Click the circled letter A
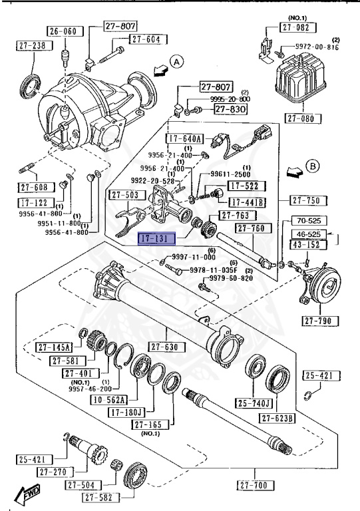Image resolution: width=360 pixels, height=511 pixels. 176,62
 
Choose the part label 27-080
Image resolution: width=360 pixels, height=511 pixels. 303,119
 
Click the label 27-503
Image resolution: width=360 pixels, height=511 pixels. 124,195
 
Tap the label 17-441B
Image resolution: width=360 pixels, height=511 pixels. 248,202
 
